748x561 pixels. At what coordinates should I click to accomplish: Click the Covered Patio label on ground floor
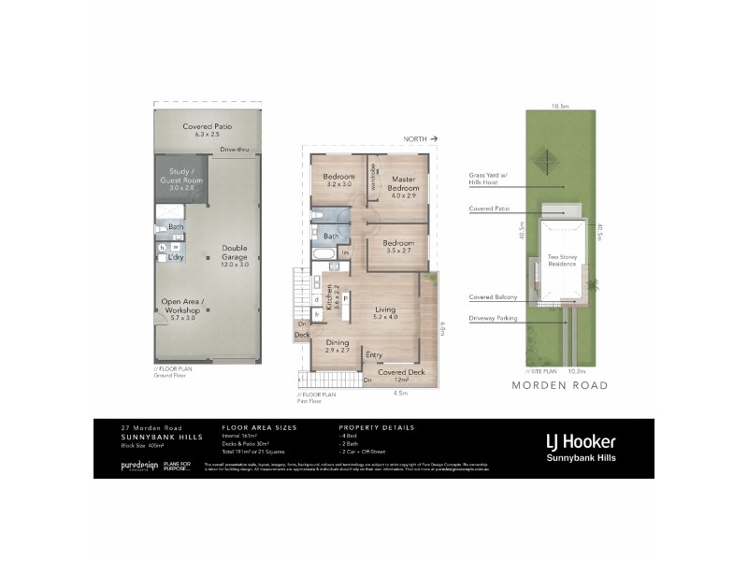tap(207, 130)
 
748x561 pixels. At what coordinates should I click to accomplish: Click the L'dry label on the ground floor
tap(175, 257)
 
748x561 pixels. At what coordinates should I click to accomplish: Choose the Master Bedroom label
tap(403, 184)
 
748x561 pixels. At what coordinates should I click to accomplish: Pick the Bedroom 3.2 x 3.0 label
tap(338, 180)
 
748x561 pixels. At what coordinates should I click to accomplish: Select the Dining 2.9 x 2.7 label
tap(338, 347)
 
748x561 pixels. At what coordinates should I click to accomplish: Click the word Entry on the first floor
tap(374, 354)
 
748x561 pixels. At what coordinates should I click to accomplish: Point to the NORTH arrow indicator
tap(422, 138)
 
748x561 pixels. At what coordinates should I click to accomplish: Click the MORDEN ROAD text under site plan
tap(561, 385)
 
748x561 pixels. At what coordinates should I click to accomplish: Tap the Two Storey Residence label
tap(562, 261)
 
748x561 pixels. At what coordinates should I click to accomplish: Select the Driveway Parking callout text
tap(494, 318)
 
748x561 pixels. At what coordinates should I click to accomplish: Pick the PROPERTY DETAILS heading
tap(377, 427)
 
